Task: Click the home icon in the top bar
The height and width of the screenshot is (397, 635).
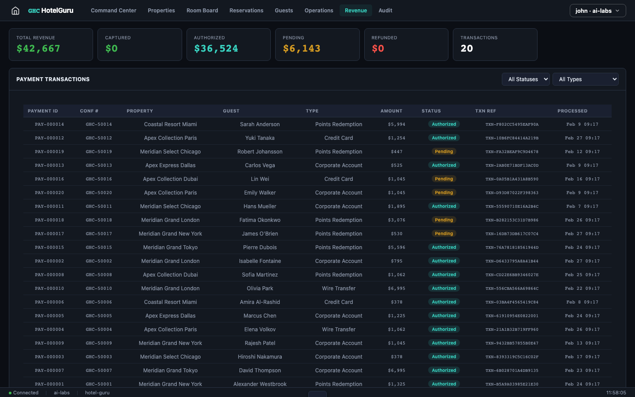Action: (x=15, y=11)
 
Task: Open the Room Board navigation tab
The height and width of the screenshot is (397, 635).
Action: (x=202, y=11)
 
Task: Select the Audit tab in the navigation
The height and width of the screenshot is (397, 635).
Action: (x=385, y=11)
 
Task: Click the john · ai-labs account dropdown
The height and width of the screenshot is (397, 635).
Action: (x=598, y=11)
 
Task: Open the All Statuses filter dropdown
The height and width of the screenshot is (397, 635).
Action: (x=526, y=79)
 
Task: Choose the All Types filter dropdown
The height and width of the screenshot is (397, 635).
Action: (x=585, y=79)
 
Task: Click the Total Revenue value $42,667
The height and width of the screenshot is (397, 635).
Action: (x=38, y=49)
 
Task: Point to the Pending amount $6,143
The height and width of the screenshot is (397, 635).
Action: (x=302, y=49)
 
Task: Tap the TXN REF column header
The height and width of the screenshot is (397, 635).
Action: (x=486, y=111)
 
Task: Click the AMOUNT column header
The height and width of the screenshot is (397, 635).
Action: (x=391, y=111)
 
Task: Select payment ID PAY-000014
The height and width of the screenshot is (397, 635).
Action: (x=49, y=124)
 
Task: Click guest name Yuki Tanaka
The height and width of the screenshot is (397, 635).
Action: (x=260, y=138)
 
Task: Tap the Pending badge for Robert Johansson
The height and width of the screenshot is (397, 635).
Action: (x=444, y=152)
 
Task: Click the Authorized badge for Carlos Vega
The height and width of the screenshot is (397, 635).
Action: (x=444, y=165)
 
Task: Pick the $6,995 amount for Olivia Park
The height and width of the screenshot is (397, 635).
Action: (x=396, y=288)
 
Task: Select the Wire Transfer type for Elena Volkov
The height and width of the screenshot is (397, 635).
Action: (x=338, y=330)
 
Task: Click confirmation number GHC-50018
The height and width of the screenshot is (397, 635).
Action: (x=99, y=220)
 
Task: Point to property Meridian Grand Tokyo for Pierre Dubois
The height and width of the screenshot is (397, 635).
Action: (x=170, y=247)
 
